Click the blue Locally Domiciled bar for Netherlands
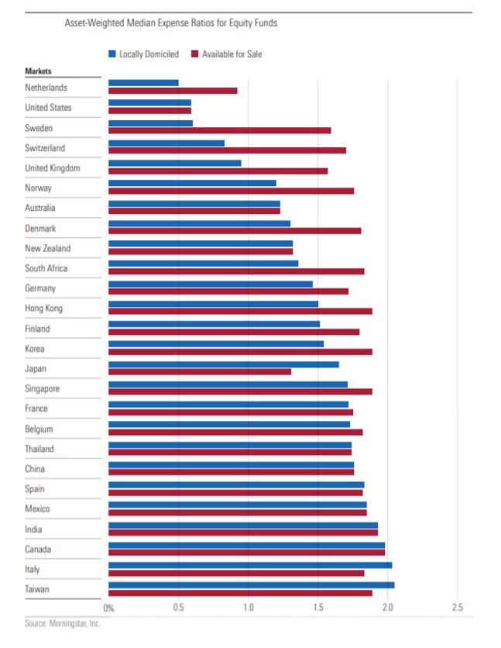coord(143,83)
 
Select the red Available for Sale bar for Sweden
coord(219,130)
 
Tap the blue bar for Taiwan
coord(251,585)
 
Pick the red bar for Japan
coord(200,371)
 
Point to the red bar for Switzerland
coord(227,150)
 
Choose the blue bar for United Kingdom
coord(174,164)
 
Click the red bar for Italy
coord(236,573)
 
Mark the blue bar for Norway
coord(192,184)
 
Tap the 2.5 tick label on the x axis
coord(457,608)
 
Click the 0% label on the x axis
coord(108,608)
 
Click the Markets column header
coord(38,71)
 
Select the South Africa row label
coord(46,268)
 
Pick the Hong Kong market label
coord(43,308)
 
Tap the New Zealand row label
coord(47,248)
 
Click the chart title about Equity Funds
coord(170,23)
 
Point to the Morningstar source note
coord(62,622)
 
